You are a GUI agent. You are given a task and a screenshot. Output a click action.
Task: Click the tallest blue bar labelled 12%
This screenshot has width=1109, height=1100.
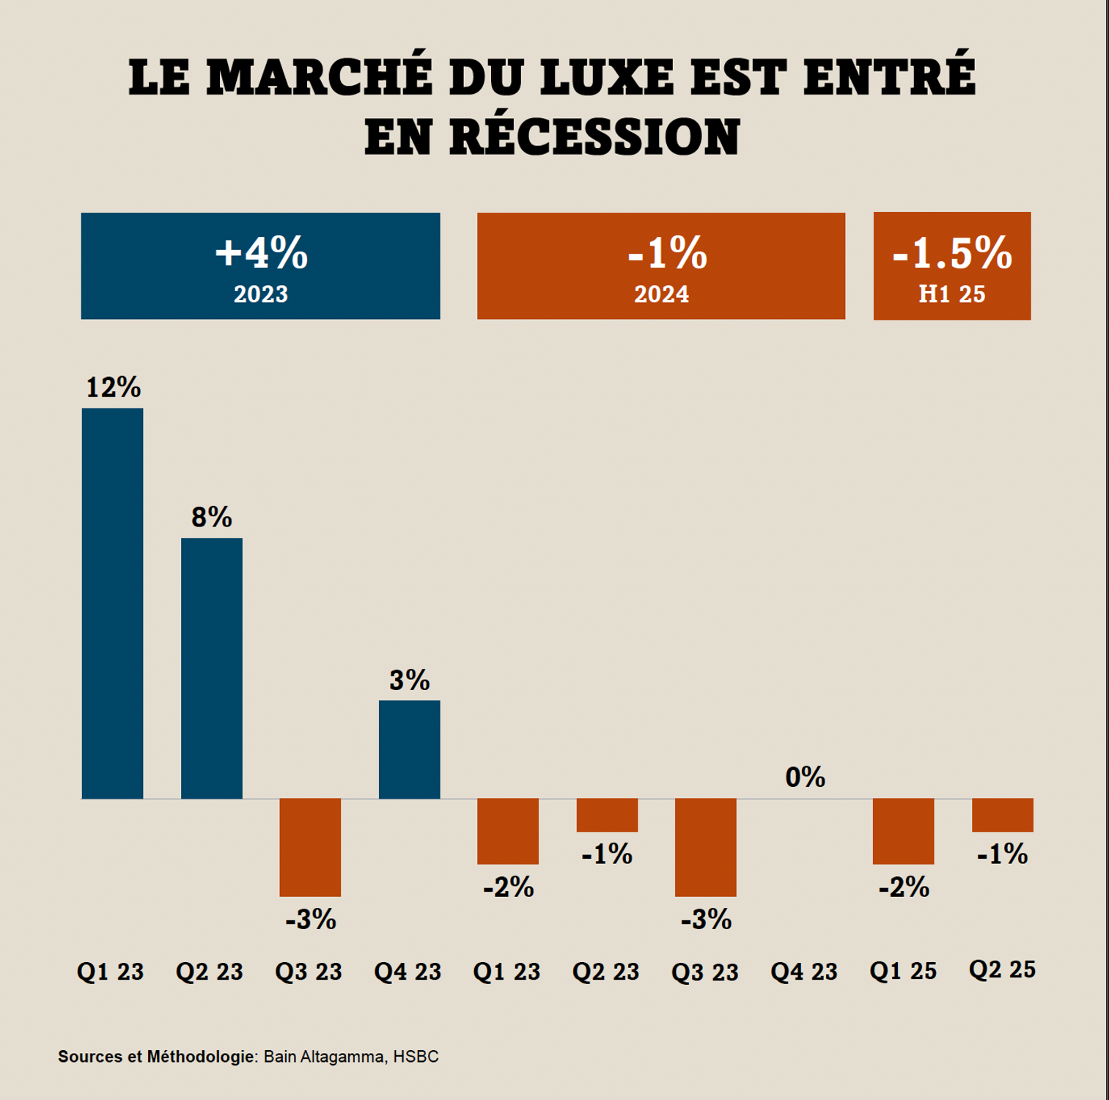pos(112,603)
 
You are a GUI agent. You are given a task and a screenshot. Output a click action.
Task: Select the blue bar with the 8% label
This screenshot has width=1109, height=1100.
pos(212,668)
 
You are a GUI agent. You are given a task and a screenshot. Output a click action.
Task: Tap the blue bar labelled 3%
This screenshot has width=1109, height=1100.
pos(409,749)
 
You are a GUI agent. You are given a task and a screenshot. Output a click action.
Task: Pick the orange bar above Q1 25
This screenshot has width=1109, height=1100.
pos(903,831)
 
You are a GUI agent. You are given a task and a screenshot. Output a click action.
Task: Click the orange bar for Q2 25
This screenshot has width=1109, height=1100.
pos(1002,815)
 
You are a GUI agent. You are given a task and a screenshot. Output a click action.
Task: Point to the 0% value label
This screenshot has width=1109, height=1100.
pos(805,777)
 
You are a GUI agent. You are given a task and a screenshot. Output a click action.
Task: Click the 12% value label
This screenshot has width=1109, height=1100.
pos(113,387)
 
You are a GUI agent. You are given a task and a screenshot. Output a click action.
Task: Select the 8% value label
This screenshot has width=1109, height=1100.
pos(212,518)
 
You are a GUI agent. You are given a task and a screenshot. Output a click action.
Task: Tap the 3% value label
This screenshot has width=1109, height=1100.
pos(409,681)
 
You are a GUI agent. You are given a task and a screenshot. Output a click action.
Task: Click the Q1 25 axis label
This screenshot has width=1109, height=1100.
pos(903,971)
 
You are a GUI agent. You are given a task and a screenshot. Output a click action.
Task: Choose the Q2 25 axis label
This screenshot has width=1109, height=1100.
pos(1002,969)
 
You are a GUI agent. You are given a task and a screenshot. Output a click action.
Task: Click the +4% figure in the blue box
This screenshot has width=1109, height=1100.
pos(261,253)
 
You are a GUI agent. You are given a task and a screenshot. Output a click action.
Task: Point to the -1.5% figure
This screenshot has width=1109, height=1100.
pos(951,254)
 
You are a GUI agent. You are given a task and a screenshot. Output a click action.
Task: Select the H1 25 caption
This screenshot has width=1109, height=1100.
pos(951,294)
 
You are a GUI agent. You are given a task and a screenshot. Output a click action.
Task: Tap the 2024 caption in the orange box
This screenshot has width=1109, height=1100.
pos(661,294)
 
